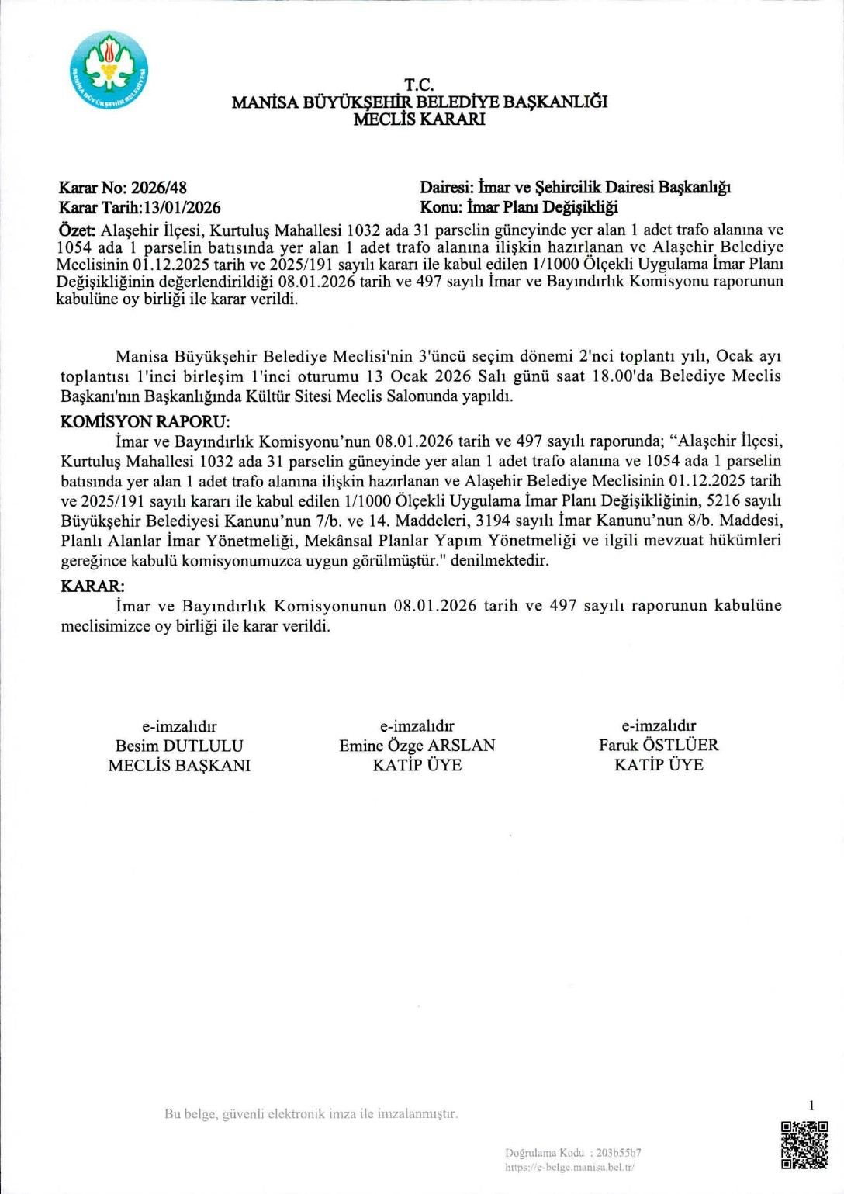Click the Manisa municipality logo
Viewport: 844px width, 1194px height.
coord(109,71)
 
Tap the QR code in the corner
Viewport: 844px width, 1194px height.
coord(804,1144)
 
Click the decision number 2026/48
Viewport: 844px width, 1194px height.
coord(159,188)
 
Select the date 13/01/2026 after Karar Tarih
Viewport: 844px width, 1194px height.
coord(182,208)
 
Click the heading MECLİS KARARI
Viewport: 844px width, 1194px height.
coord(419,119)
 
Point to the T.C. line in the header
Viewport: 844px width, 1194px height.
coord(419,85)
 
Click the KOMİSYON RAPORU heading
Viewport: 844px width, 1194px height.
coord(145,422)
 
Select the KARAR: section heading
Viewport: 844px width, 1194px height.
coord(92,587)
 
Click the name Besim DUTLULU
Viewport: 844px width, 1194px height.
coord(179,746)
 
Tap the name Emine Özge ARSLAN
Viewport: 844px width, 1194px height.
coord(417,746)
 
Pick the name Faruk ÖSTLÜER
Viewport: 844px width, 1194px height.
coord(659,745)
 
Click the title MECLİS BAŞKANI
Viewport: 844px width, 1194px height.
coord(179,766)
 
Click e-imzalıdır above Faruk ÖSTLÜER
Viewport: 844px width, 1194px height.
coord(659,725)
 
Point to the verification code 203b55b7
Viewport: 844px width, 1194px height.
coord(618,1153)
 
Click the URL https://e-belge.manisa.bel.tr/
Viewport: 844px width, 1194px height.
coord(569,1167)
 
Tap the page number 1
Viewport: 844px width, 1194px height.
coord(811,1106)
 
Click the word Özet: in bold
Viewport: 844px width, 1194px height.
coord(77,230)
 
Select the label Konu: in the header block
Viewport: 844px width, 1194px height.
coord(441,208)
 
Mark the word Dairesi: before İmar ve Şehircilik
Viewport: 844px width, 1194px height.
coord(447,188)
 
